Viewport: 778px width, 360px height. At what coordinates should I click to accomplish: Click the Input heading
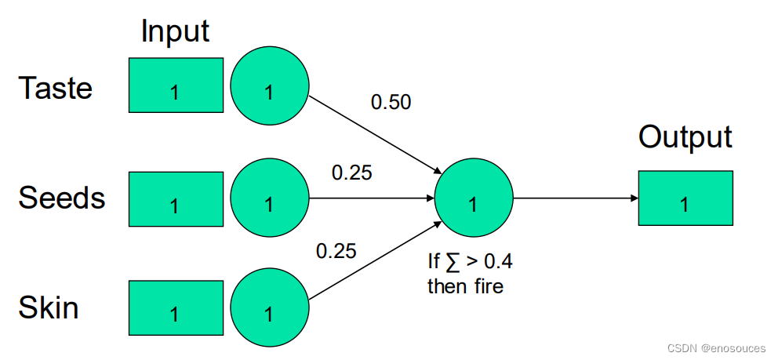click(x=175, y=31)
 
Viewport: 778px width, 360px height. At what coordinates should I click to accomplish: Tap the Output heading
click(x=685, y=136)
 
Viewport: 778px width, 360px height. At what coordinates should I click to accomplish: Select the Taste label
click(x=55, y=88)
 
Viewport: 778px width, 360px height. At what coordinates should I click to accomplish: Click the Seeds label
click(x=61, y=198)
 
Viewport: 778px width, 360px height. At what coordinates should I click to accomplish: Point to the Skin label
click(x=48, y=307)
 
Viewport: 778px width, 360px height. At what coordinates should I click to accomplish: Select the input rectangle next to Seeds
click(x=176, y=198)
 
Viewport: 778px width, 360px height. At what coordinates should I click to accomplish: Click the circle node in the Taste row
click(x=270, y=87)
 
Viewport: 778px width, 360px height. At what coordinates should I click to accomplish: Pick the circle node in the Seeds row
click(x=270, y=198)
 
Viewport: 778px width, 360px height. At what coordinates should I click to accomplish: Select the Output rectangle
click(x=685, y=198)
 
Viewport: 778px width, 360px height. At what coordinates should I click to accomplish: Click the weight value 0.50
click(x=391, y=102)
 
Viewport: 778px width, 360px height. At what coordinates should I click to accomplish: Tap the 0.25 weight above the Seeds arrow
click(x=352, y=173)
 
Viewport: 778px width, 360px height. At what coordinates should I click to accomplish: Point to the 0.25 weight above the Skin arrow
click(x=336, y=251)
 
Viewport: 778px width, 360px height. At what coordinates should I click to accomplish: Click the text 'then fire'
click(x=465, y=286)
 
